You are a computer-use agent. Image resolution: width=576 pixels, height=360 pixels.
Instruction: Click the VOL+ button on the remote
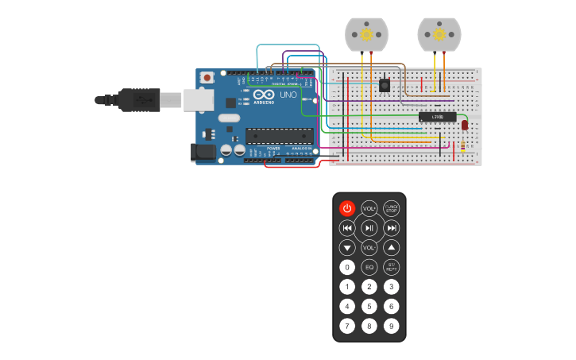pos(369,208)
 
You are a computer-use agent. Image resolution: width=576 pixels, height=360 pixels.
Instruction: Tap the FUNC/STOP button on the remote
pos(392,208)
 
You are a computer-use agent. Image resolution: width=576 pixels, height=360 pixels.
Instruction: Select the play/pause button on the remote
pos(369,228)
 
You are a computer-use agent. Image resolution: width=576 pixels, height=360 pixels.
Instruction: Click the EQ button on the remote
pos(369,267)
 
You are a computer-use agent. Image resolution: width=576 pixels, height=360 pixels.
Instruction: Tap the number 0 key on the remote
pos(347,267)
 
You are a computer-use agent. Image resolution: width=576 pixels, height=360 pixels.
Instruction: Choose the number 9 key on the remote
pos(392,326)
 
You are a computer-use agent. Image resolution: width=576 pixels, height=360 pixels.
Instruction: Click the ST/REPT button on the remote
pos(392,267)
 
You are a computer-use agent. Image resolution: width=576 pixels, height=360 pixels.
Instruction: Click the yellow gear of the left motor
pos(366,34)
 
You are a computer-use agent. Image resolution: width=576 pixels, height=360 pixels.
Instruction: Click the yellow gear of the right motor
pos(439,34)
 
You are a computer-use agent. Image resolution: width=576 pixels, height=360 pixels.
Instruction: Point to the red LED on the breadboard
pos(465,124)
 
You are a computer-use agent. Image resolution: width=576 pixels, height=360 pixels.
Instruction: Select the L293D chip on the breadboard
pos(438,117)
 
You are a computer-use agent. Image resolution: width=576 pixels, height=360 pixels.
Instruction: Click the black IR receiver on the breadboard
pos(385,84)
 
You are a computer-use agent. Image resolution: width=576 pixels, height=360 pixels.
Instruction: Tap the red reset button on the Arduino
pos(207,77)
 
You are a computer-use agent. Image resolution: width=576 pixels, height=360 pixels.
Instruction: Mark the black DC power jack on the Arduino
pos(203,152)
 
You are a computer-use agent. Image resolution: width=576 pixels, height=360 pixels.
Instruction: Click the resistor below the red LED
pos(463,145)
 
